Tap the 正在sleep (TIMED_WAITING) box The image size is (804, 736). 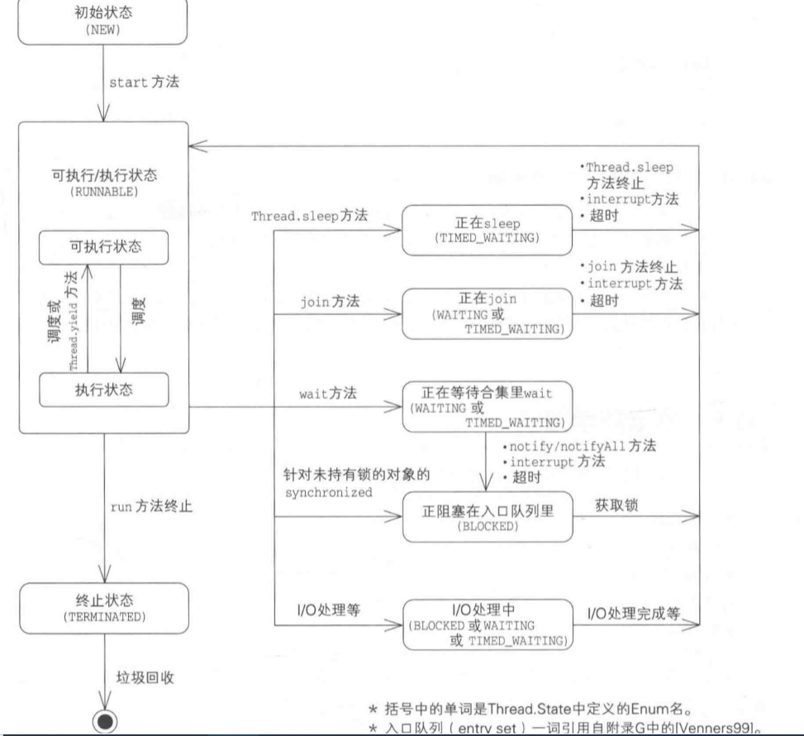[485, 229]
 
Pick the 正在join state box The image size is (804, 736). [485, 313]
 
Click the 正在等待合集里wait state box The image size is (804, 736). [485, 404]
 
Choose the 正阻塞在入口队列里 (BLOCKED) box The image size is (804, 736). [485, 517]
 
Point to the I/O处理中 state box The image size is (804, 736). [485, 623]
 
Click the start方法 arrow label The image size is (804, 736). [141, 84]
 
